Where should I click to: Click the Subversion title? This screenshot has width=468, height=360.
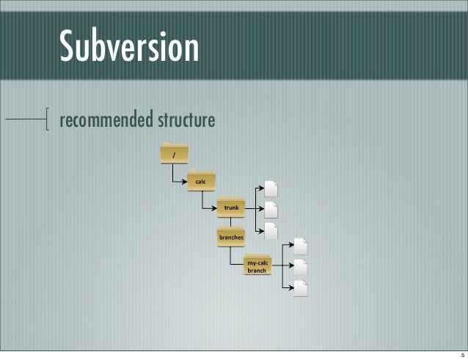coord(129,47)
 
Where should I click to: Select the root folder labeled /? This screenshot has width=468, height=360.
coord(174,153)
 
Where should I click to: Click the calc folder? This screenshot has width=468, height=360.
coord(200,180)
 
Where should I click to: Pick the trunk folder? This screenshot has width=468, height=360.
coord(231,207)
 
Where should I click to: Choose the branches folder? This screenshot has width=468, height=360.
coord(230,236)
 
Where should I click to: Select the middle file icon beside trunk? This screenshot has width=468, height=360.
coord(271,210)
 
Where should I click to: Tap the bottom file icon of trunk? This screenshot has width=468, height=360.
coord(271,231)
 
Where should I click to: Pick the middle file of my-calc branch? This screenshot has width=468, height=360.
coord(299,268)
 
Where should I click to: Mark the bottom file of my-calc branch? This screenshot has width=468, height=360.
coord(299,288)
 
